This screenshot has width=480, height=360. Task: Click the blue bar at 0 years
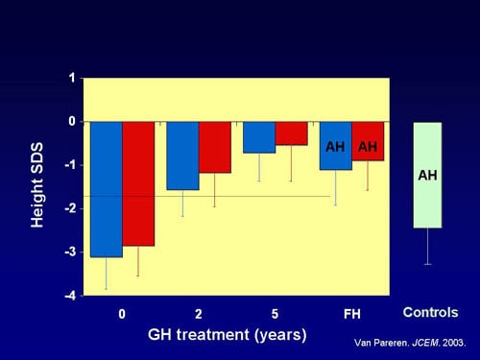tap(106, 189)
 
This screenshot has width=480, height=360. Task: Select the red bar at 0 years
tap(137, 183)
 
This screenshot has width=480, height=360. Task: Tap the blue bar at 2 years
tap(182, 156)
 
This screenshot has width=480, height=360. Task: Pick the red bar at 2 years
tap(214, 147)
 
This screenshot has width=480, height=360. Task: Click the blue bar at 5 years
tap(258, 137)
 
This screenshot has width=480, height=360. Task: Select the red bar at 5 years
tap(291, 133)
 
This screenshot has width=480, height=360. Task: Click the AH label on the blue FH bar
tap(335, 147)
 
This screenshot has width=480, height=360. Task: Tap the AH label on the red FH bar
tap(367, 147)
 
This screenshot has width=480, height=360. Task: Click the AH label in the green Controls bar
tap(427, 176)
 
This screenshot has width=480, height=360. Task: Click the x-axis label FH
tap(352, 314)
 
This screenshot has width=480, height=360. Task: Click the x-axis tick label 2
tap(199, 314)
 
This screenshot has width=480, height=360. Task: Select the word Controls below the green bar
tap(430, 312)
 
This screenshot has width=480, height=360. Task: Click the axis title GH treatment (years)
tap(228, 335)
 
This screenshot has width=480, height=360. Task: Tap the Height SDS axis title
tap(37, 187)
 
